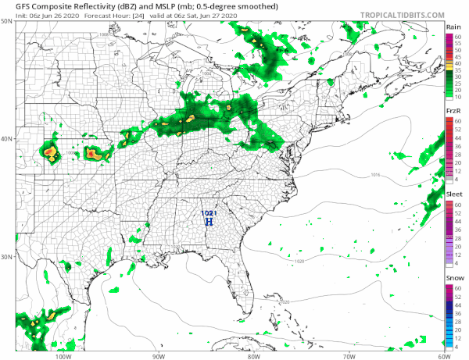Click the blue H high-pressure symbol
(209, 222)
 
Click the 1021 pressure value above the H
(208, 212)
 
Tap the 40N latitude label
(6, 139)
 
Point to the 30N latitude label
(6, 257)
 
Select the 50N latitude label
(6, 21)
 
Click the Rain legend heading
(453, 27)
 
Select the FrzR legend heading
(453, 112)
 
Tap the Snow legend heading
(453, 278)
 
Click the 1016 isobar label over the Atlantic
(375, 185)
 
